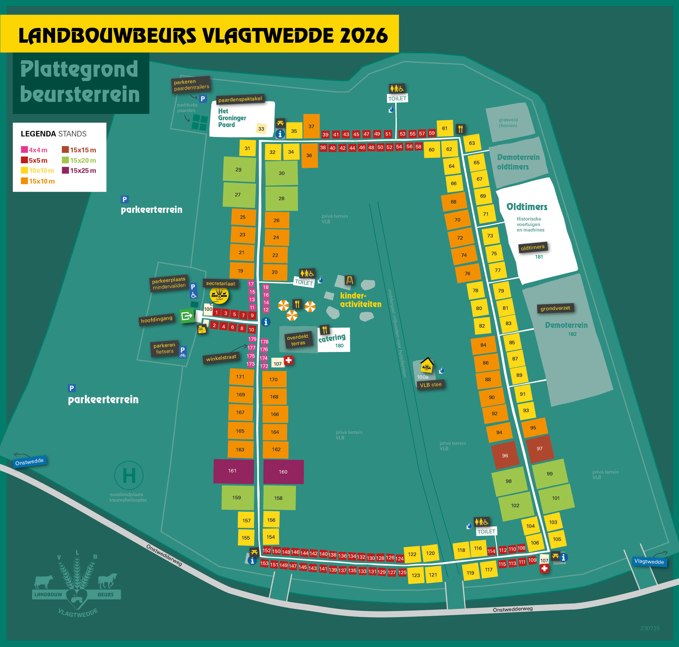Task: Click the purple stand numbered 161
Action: (233, 471)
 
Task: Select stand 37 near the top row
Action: (311, 126)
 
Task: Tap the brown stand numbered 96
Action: (505, 456)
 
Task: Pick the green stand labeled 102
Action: (515, 506)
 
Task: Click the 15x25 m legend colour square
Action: (65, 170)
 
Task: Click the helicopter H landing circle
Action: (129, 475)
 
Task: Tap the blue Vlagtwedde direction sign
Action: (649, 562)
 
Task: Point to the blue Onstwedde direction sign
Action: (29, 462)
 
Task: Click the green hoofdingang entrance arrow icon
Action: (186, 316)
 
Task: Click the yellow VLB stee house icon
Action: (427, 365)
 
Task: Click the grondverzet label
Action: (555, 308)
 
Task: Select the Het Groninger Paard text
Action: (232, 118)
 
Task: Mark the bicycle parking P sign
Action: (183, 352)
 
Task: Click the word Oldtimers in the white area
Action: (527, 207)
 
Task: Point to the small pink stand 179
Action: (252, 339)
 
